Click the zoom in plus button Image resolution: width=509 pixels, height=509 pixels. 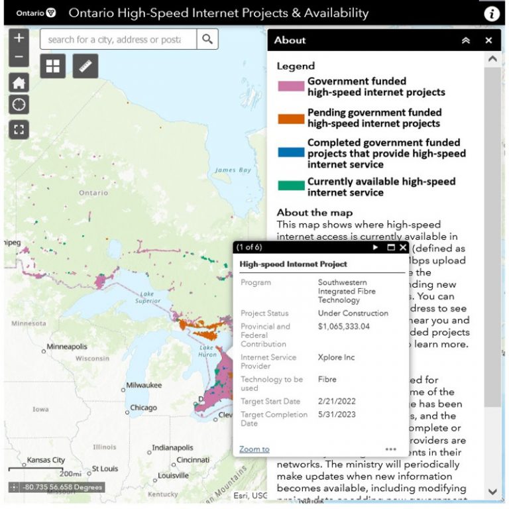point(19,38)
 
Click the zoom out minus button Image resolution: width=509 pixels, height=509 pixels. point(19,57)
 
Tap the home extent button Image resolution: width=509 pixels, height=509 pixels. point(19,83)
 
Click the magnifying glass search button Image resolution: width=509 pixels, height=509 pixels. point(207,39)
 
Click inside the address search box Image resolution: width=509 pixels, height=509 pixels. point(118,40)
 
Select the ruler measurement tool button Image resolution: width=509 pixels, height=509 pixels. point(85,66)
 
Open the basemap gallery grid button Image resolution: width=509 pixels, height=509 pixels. point(52,66)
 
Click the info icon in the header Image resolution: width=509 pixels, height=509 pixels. point(491,14)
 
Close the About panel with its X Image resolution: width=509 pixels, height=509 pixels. point(488,40)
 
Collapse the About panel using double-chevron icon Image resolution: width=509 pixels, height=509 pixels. point(466,40)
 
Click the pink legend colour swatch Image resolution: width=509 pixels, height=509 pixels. point(290,87)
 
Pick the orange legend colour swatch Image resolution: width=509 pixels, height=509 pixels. point(290,119)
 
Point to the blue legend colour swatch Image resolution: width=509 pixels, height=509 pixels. point(290,153)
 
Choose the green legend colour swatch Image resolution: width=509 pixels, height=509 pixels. point(290,187)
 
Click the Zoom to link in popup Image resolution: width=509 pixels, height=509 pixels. point(254,449)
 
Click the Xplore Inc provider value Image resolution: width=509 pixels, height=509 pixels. point(336,357)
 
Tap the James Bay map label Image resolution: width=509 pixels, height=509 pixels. point(233,170)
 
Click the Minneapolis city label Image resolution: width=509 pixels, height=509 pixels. point(66,347)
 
